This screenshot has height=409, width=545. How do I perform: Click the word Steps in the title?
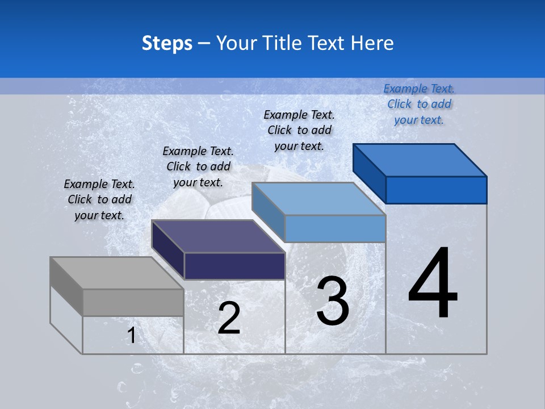click(x=167, y=43)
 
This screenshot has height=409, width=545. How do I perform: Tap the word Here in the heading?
click(x=372, y=43)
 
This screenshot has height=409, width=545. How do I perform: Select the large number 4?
click(x=433, y=283)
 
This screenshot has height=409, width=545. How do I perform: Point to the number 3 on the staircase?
click(x=333, y=301)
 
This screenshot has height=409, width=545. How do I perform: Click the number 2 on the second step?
click(x=229, y=318)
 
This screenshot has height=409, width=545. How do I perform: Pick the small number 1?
click(x=132, y=336)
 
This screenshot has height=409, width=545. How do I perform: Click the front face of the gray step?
click(x=133, y=302)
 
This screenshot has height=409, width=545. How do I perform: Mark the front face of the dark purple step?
click(x=234, y=266)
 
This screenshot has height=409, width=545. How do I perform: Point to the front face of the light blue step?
click(x=335, y=228)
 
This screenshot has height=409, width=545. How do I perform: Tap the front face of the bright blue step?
click(x=436, y=190)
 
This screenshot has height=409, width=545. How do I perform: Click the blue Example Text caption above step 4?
click(x=419, y=104)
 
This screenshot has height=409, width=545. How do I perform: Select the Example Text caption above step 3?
click(x=299, y=130)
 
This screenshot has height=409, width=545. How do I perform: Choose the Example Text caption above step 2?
click(x=198, y=166)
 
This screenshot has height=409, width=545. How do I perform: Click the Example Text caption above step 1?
click(x=99, y=199)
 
